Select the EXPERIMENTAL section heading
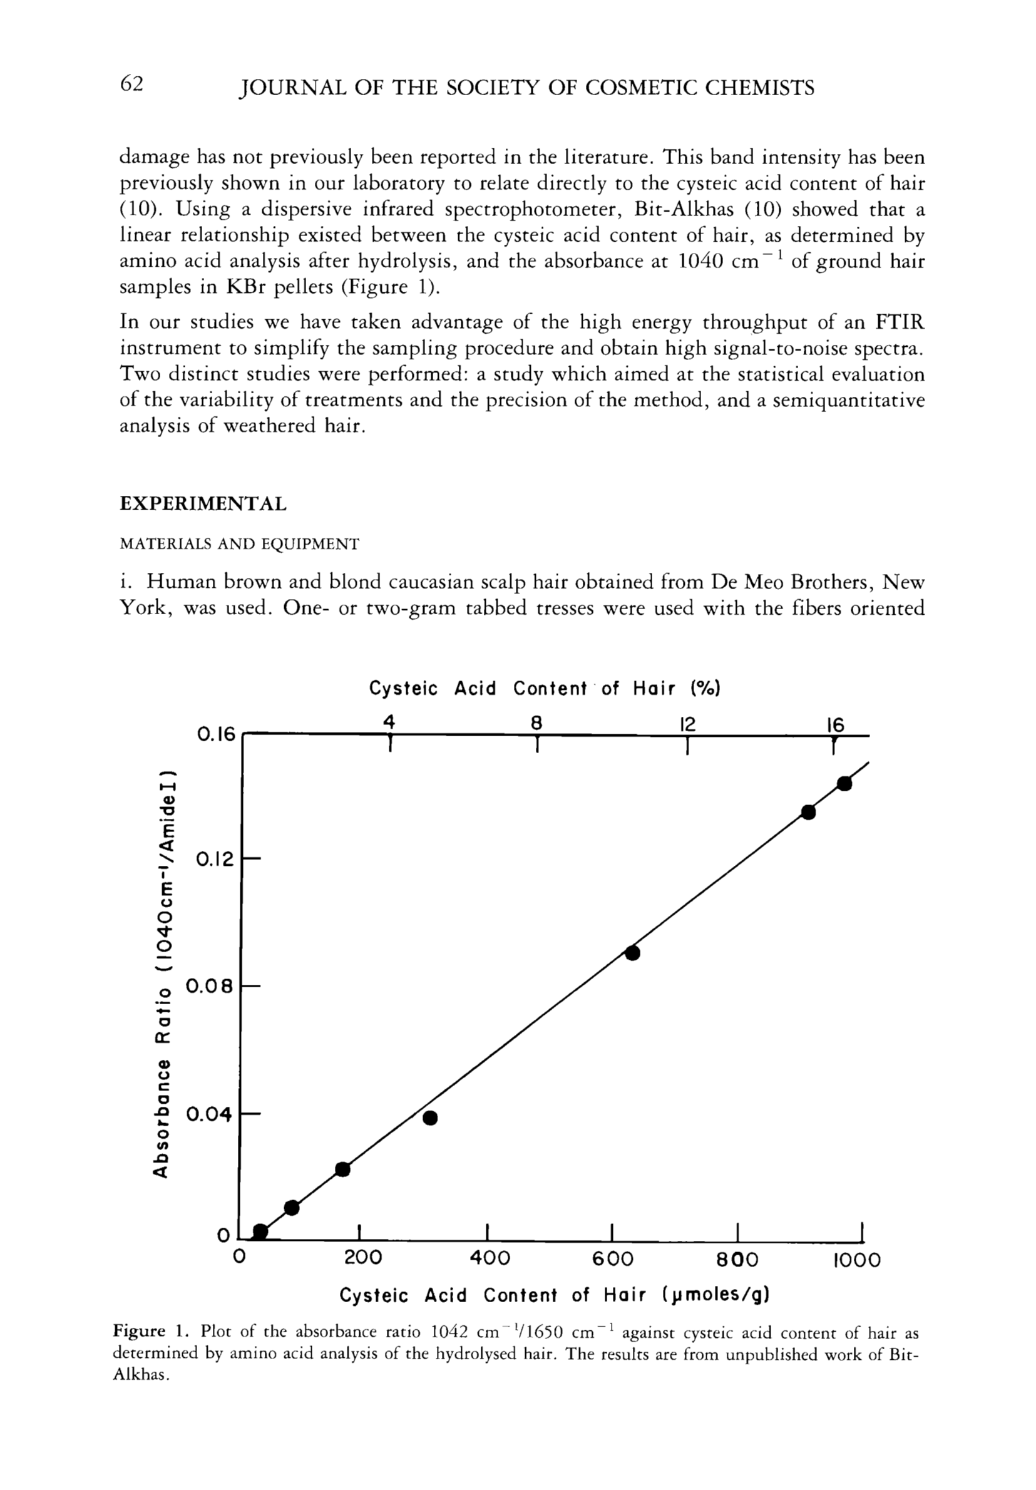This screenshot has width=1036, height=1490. pyautogui.click(x=202, y=504)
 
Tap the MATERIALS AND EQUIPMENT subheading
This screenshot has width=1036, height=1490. pyautogui.click(x=238, y=544)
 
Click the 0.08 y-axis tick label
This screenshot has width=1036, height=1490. pyautogui.click(x=209, y=987)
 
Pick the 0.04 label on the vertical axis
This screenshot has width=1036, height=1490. pyautogui.click(x=209, y=1114)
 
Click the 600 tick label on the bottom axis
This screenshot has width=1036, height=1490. pyautogui.click(x=613, y=1260)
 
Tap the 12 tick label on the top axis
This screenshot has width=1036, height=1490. pyautogui.click(x=687, y=724)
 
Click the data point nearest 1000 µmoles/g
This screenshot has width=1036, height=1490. pyautogui.click(x=844, y=783)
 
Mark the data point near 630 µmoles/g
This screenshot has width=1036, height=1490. pyautogui.click(x=632, y=953)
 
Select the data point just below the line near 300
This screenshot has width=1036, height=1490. pyautogui.click(x=429, y=1117)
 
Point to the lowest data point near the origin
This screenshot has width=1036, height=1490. pyautogui.click(x=260, y=1231)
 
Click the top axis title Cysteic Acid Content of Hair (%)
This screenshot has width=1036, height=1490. pyautogui.click(x=545, y=689)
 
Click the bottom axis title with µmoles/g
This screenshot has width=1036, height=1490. pyautogui.click(x=555, y=1295)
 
